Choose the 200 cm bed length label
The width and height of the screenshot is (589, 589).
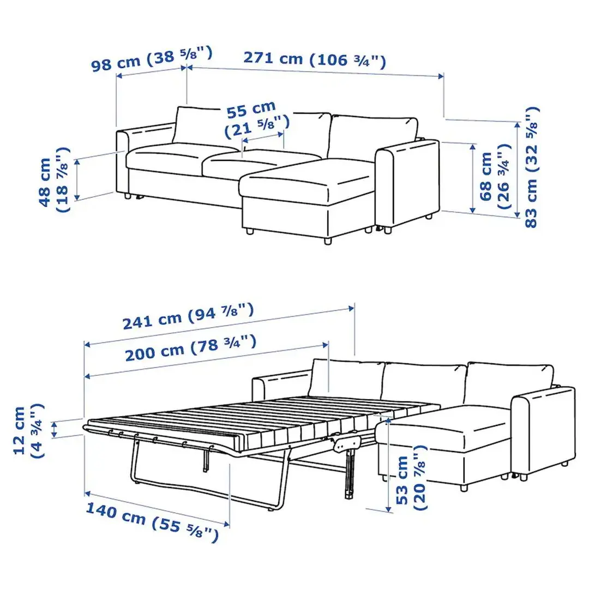coord(190,349)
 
